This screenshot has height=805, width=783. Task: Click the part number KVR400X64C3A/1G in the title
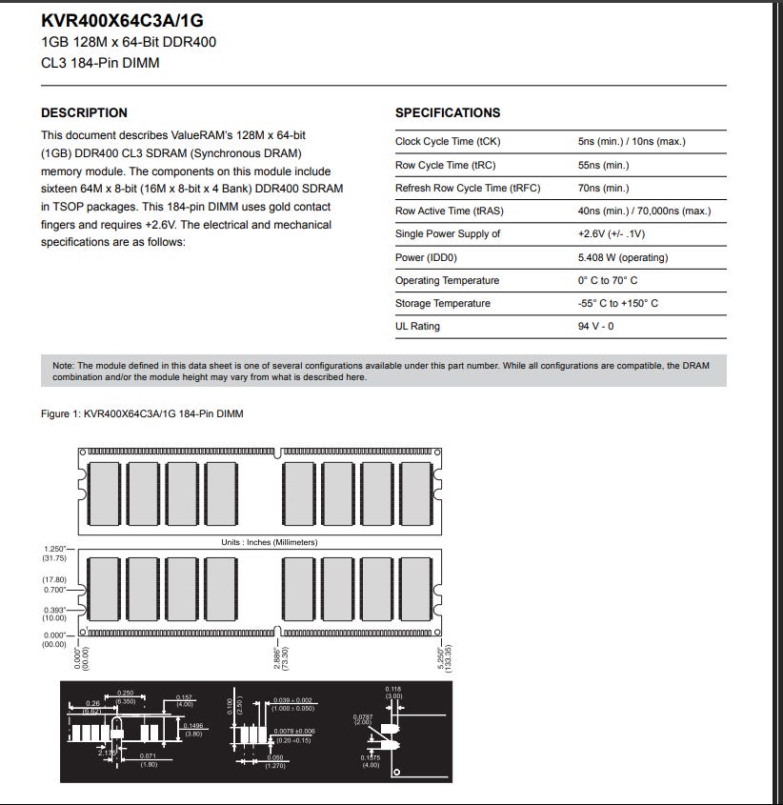click(x=122, y=20)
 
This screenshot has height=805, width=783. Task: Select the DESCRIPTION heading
click(x=84, y=112)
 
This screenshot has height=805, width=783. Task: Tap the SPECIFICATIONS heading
click(x=448, y=112)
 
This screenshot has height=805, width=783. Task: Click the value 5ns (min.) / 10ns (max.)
click(x=632, y=142)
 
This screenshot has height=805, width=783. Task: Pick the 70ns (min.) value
click(x=603, y=189)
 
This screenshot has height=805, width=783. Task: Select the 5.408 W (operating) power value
click(x=623, y=257)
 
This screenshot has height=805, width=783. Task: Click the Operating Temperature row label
click(x=447, y=280)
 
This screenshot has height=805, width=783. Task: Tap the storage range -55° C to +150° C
click(x=617, y=303)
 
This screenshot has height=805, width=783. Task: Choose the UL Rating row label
click(x=417, y=326)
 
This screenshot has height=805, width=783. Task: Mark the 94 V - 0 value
click(x=595, y=326)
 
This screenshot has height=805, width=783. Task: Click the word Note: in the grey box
click(x=63, y=365)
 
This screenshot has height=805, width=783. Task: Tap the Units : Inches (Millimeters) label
click(x=269, y=542)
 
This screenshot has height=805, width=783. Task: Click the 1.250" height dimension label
click(x=55, y=549)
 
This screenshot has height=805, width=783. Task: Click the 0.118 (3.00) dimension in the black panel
click(x=393, y=693)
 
